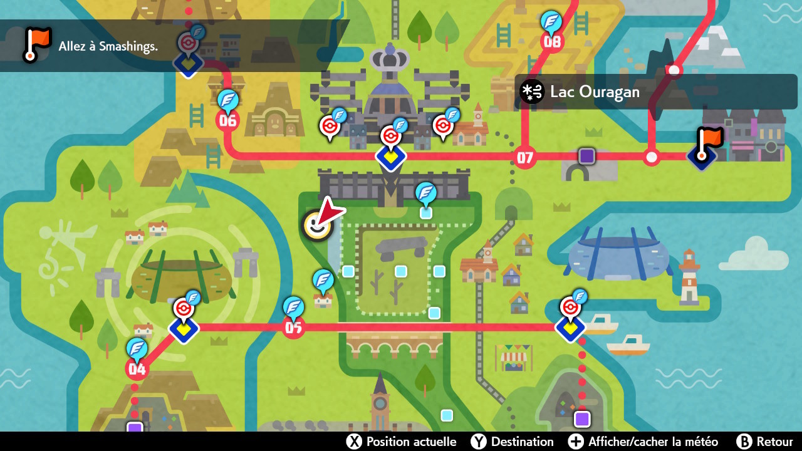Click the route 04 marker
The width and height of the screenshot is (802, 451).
pos(137,368)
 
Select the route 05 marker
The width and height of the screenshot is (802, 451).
pos(293,326)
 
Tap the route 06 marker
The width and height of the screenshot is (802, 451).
pos(227,120)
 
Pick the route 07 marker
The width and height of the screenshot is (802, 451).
pos(524,157)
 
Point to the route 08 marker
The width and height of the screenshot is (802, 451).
pos(552,42)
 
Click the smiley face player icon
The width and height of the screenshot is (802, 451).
pos(317,225)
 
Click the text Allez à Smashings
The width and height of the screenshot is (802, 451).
pos(108,46)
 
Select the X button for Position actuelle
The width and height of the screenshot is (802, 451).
pos(354,442)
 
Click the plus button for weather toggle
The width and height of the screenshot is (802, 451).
pos(576,442)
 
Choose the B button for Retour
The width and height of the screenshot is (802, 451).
pos(744,442)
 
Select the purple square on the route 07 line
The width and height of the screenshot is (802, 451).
pos(586,156)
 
